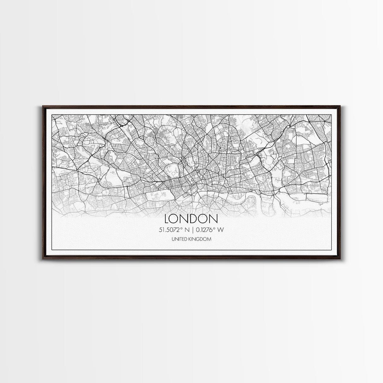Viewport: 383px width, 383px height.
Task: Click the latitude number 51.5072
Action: point(169,230)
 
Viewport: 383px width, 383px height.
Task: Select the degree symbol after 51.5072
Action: point(181,228)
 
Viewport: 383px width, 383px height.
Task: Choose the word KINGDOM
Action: point(201,239)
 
